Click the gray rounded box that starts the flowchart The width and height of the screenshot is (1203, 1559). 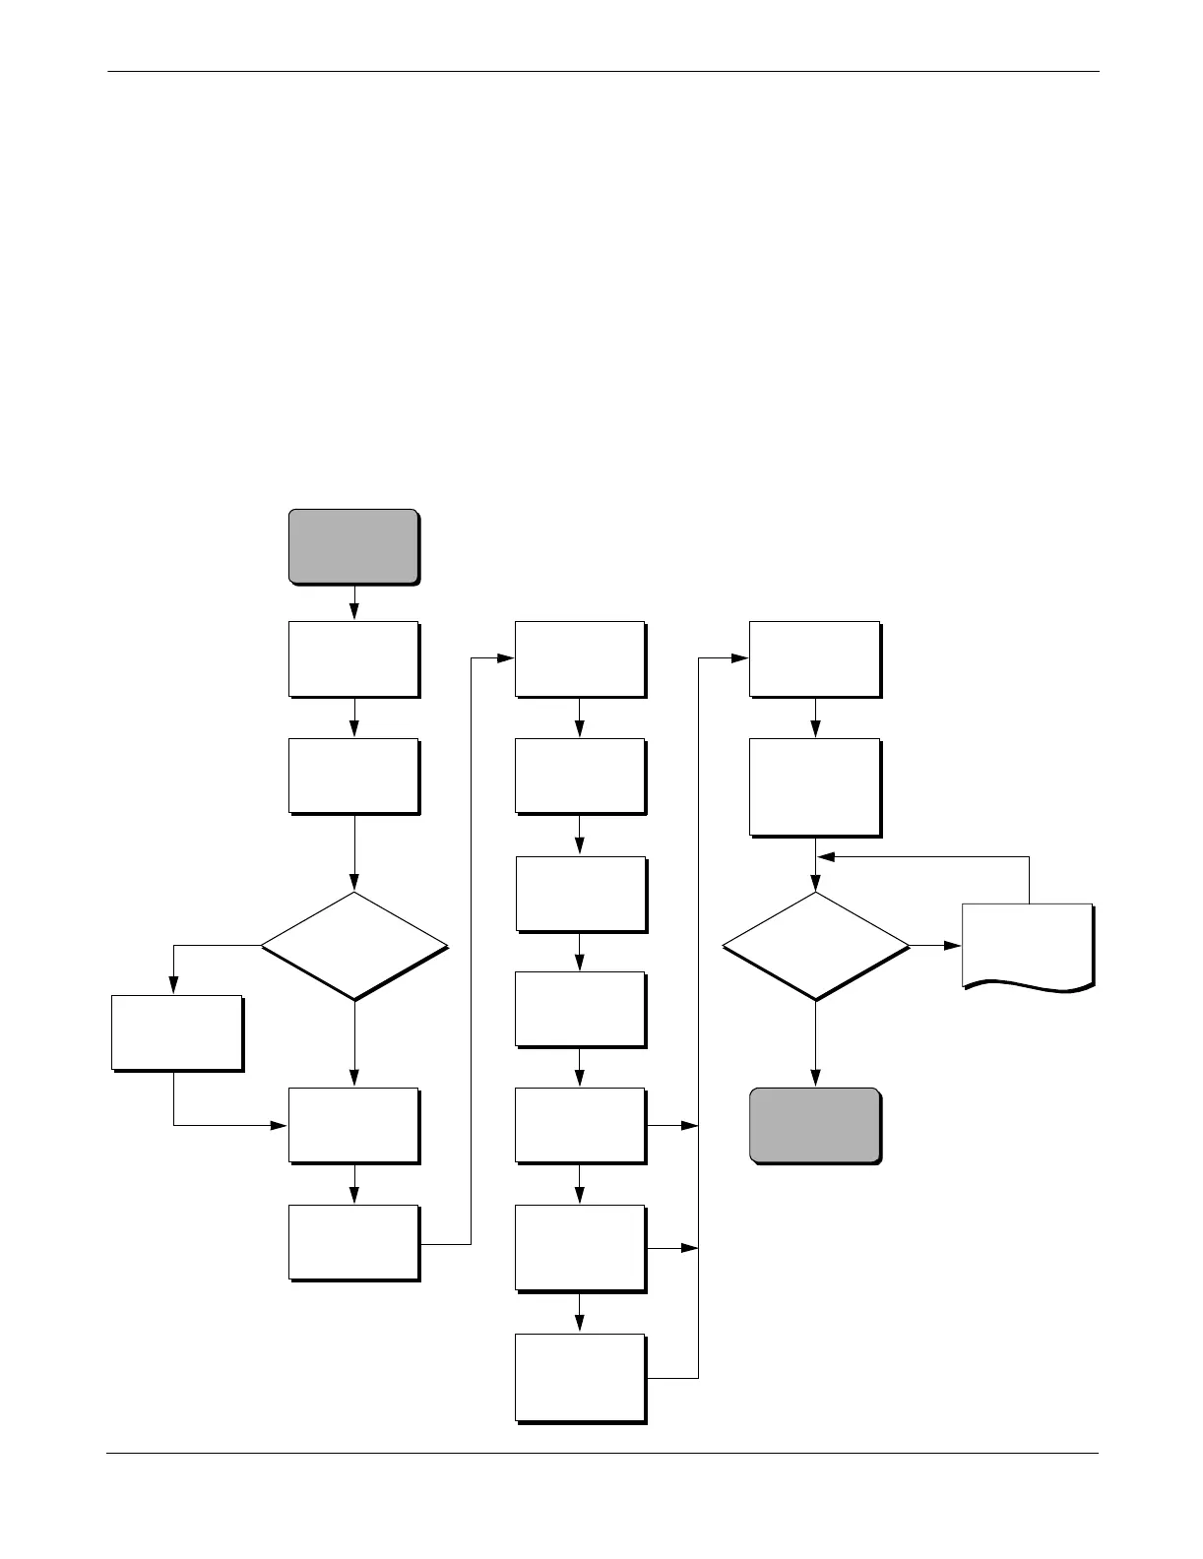[352, 546]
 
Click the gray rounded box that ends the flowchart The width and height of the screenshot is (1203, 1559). [814, 1125]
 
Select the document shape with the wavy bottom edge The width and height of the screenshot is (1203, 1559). [1026, 944]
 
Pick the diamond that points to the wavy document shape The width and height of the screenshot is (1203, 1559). [815, 947]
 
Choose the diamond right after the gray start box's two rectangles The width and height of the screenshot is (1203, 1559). [353, 947]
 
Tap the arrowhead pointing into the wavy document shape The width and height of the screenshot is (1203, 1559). [952, 946]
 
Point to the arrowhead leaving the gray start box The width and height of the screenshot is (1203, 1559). [353, 612]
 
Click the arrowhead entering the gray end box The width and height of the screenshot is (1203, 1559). [815, 1079]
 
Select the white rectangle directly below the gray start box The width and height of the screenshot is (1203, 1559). [353, 657]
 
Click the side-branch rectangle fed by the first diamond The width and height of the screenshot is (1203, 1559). [176, 1031]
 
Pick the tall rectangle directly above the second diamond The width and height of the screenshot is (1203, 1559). [814, 786]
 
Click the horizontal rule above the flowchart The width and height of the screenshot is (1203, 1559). [602, 71]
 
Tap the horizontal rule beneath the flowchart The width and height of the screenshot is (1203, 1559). [602, 1453]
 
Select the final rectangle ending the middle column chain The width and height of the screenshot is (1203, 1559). [580, 1377]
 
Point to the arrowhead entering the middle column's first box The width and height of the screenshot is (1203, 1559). [507, 658]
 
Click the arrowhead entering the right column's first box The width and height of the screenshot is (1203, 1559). [740, 658]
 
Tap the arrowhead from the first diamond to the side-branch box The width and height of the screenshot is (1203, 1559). [174, 986]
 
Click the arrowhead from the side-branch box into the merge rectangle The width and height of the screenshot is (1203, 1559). [280, 1124]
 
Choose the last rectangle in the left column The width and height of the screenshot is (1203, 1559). [353, 1241]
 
